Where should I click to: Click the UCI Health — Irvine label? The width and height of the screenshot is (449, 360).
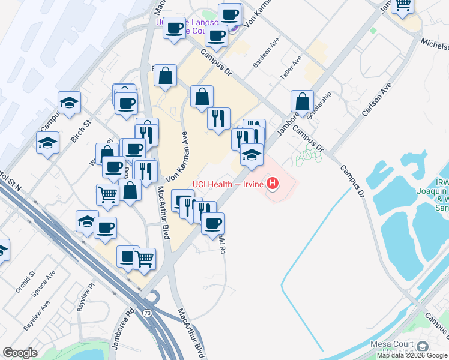click(228, 184)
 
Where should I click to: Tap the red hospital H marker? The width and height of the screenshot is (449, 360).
click(273, 183)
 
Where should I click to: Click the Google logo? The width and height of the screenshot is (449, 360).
click(20, 353)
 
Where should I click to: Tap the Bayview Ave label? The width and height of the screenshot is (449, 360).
click(36, 319)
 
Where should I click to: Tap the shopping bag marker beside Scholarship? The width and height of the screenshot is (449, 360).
click(303, 100)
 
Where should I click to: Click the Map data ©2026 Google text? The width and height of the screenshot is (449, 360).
click(412, 355)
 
